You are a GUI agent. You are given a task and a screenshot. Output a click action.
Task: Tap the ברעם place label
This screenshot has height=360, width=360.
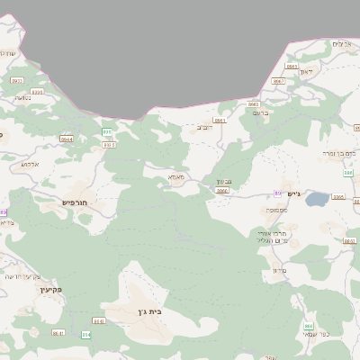coord(261,114)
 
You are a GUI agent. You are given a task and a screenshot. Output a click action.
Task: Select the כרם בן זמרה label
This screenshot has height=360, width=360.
coord(340,154)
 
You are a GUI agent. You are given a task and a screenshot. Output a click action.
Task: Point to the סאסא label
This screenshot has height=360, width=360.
coord(176,177)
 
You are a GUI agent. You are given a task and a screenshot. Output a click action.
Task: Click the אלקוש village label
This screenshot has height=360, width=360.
coord(30,164)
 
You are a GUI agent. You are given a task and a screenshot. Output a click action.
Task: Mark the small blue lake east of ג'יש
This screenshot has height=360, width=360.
coord(317,200)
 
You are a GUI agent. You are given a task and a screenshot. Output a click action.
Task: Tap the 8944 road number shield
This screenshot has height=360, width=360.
coord(67,139)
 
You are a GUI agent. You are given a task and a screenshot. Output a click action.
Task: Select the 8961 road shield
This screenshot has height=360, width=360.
coord(219,120)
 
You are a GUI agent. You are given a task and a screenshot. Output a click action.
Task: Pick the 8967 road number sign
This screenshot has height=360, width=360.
coord(278,80)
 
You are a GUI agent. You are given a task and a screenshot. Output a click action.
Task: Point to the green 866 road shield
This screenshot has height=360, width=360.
coord(309,326)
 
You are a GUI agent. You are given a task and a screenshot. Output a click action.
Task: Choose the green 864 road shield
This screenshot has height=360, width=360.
coord(86,334)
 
